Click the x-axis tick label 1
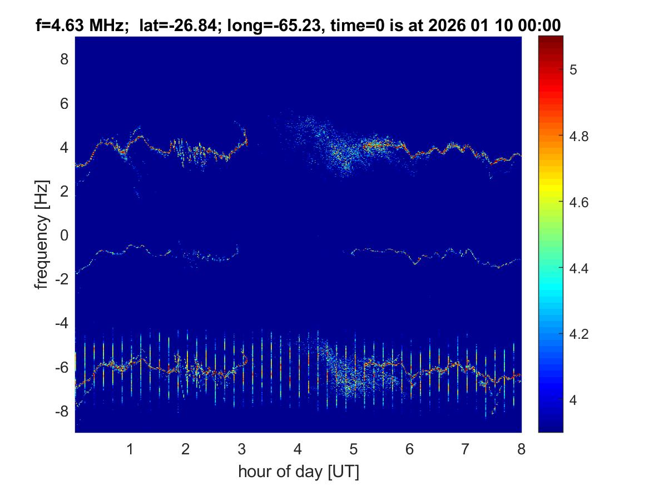[130, 449]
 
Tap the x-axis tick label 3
[241, 449]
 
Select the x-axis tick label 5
[353, 449]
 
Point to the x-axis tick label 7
[465, 449]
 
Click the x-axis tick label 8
[521, 449]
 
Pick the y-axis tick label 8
[64, 59]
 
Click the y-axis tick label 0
[64, 236]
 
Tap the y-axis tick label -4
[61, 323]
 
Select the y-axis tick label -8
[61, 412]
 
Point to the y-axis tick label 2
[64, 192]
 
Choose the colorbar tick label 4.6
[579, 202]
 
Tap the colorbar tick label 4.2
[579, 334]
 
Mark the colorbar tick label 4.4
[579, 268]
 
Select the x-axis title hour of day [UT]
[298, 472]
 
